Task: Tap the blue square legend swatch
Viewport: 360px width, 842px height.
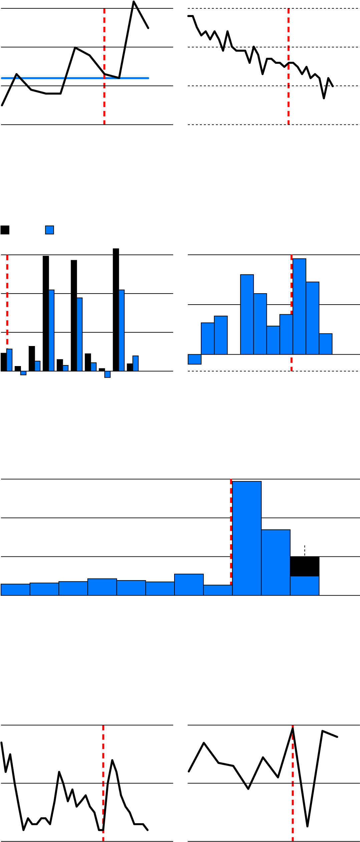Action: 49,230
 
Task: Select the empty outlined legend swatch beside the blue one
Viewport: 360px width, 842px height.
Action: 5,230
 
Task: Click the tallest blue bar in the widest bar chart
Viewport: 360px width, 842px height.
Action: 247,538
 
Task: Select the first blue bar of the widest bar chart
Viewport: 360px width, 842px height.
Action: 15,590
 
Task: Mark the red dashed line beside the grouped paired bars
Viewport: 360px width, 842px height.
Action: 7,301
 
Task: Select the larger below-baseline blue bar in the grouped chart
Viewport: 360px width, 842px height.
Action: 107,374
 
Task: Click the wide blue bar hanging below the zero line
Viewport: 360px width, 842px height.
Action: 195,359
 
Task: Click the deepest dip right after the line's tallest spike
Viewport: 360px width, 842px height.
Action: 307,827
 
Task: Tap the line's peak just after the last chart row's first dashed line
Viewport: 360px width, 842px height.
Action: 112,760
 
